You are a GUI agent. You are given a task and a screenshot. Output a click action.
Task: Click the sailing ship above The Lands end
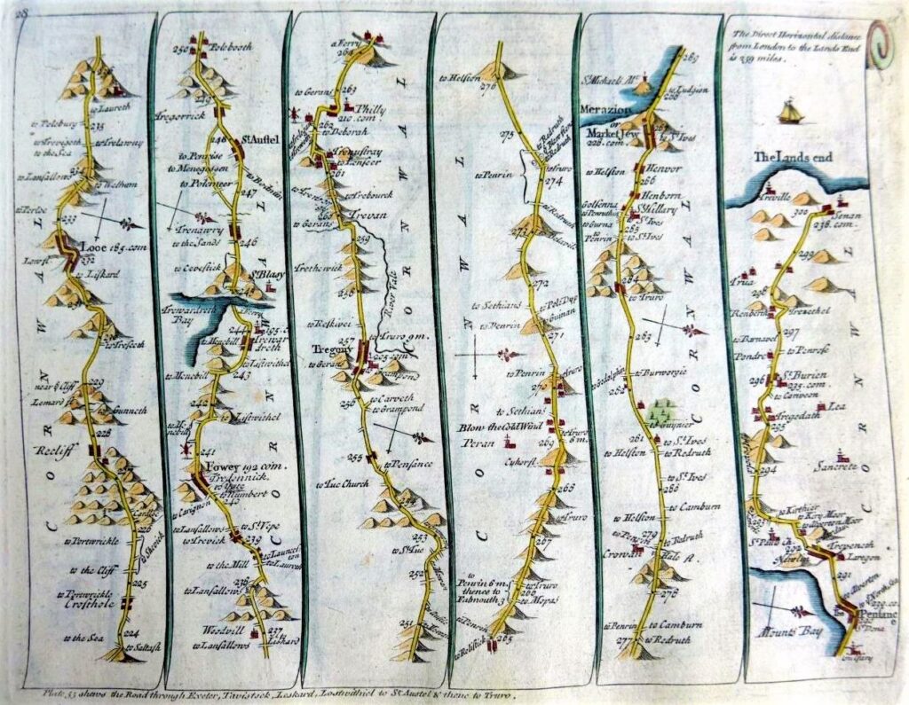pyautogui.click(x=789, y=112)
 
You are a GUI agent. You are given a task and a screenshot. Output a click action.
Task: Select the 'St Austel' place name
pyautogui.click(x=256, y=139)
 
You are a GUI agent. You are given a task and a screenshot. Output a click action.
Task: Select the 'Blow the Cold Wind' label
pyautogui.click(x=507, y=426)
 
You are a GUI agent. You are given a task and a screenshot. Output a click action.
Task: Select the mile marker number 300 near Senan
pyautogui.click(x=803, y=213)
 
